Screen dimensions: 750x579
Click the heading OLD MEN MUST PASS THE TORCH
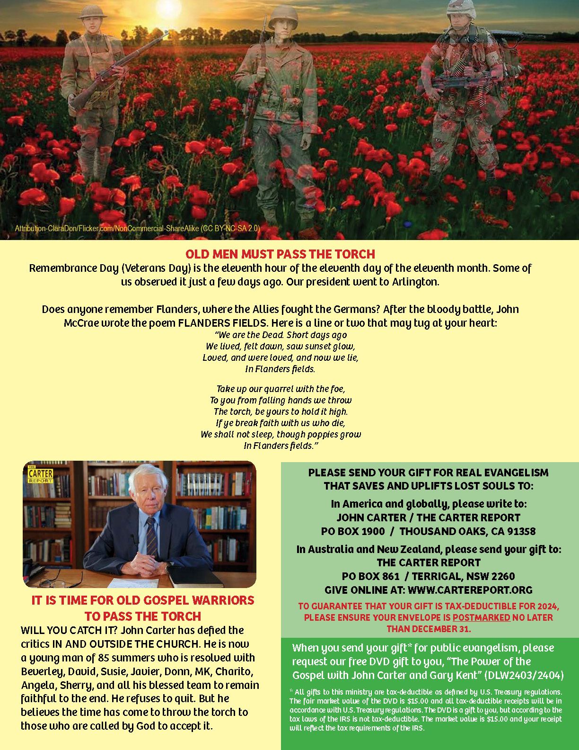tap(280, 254)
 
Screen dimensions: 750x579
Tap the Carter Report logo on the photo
tap(41, 474)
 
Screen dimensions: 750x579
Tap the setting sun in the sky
tap(168, 7)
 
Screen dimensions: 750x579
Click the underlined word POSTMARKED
tap(481, 617)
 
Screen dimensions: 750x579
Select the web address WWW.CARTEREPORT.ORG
tap(470, 590)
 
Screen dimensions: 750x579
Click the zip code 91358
tap(520, 531)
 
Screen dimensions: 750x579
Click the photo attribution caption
tap(137, 228)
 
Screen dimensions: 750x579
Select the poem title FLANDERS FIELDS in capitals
tap(222, 323)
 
